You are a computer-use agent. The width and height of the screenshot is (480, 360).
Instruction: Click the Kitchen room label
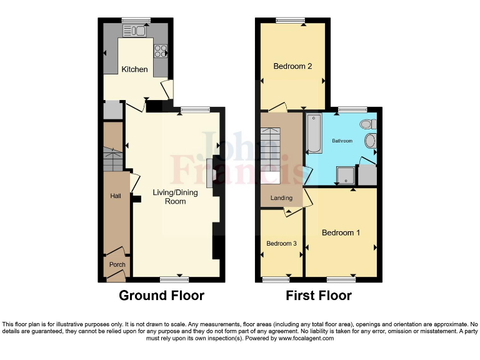click(134, 69)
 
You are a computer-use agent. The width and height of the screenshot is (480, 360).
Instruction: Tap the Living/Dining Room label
click(175, 197)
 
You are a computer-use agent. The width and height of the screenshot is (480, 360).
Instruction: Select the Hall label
click(116, 196)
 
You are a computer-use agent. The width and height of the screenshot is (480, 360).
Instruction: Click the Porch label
click(117, 265)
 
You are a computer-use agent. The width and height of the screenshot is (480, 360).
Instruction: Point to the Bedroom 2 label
click(292, 66)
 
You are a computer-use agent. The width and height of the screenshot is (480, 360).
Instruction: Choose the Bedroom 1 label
click(341, 233)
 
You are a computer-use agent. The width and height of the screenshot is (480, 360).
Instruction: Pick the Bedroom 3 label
click(281, 244)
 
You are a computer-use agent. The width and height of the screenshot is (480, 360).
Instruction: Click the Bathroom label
click(342, 141)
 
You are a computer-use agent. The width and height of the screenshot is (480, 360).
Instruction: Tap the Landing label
click(281, 199)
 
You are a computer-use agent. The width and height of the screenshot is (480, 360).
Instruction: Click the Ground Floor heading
click(161, 296)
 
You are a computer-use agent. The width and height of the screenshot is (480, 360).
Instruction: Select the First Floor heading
click(319, 296)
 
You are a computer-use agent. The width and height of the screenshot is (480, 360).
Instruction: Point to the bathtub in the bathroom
click(313, 134)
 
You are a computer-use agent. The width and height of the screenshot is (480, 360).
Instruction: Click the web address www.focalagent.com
click(302, 338)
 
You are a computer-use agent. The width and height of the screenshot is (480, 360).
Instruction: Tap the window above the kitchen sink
click(132, 20)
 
